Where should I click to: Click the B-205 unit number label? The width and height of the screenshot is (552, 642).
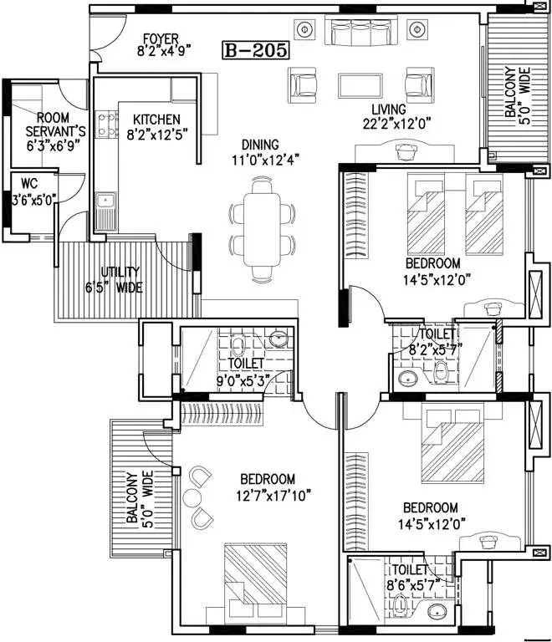coord(256,50)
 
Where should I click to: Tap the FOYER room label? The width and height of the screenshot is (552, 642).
coord(161,39)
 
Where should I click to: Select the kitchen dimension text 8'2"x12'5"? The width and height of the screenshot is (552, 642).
coord(157,135)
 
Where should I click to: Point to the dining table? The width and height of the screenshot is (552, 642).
coord(262,229)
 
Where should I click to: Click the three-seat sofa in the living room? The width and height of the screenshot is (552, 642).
coord(361,30)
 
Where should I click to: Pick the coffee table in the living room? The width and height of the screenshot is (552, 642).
coord(360,85)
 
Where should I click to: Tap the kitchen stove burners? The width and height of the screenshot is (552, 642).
coord(106,125)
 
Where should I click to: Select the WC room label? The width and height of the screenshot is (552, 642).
coord(29,183)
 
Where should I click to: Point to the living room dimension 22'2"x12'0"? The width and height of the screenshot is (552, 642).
coord(396,124)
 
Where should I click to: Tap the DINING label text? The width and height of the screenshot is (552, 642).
coord(260,145)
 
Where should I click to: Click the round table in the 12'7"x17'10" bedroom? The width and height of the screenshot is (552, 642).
coord(192,497)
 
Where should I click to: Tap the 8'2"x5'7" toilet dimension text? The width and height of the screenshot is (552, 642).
coord(436,350)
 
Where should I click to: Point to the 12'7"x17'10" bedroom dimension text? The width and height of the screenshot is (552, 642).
coord(273,496)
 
